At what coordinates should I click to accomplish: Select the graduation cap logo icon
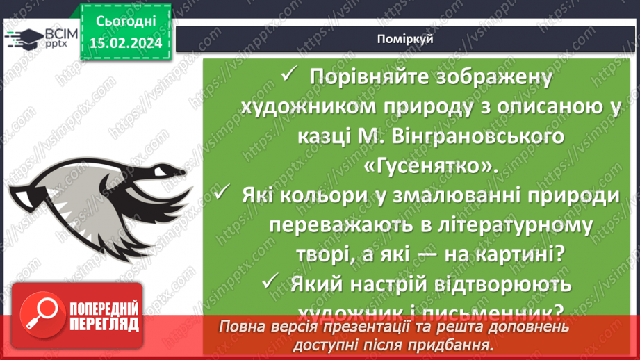coord(23,39)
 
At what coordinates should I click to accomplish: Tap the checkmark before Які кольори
coord(222,195)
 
